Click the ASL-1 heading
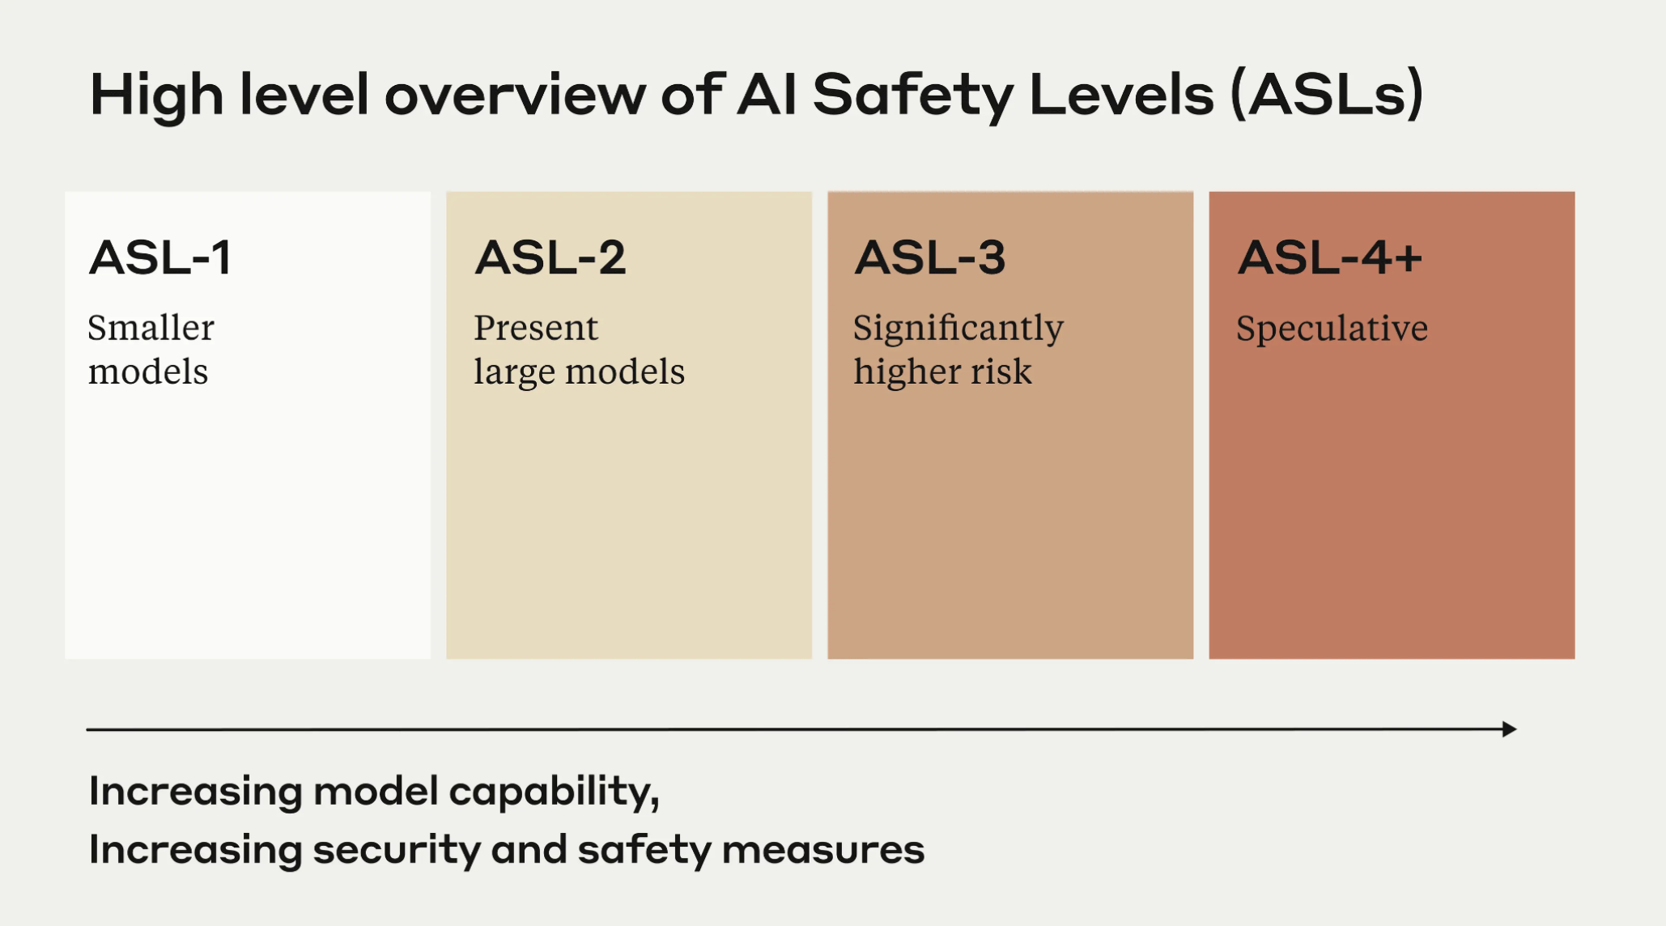160,258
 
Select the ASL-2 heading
550,258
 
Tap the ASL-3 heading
929,258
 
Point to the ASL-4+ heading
1329,258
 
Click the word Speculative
1332,329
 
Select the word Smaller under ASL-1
151,328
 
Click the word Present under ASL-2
536,328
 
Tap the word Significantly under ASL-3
958,329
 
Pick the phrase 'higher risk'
942,372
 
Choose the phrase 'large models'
579,372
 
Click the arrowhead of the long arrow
1509,729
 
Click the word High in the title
156,96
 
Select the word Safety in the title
912,96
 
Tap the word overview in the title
515,96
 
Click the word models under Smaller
148,372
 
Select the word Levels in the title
1121,96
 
